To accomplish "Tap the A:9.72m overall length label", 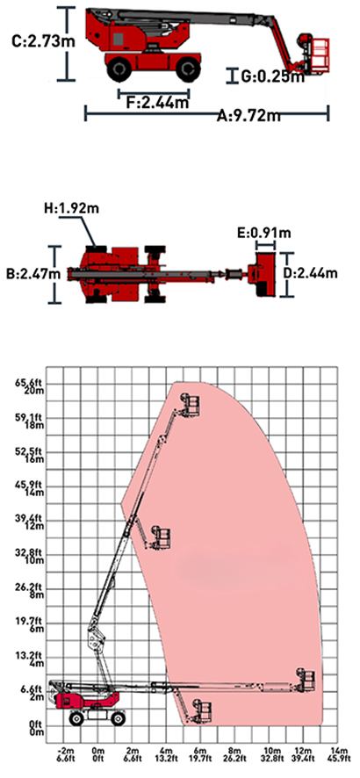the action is [x=248, y=116].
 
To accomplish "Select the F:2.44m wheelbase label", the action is [x=157, y=103].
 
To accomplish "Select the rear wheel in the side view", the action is [x=119, y=69].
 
